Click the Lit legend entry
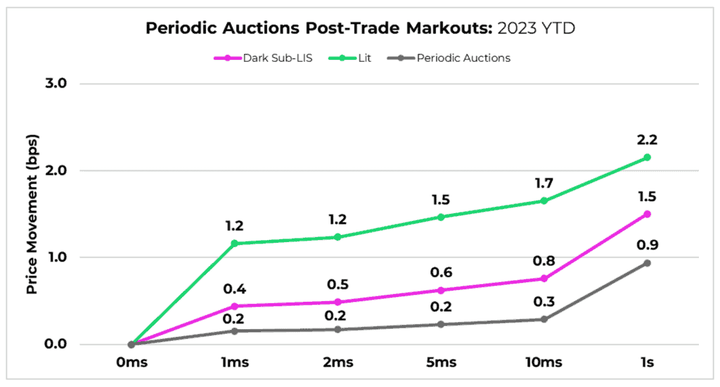[344, 58]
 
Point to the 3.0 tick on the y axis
[54, 84]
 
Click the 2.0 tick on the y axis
[54, 170]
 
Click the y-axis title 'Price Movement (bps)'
[31, 212]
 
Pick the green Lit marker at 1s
[647, 158]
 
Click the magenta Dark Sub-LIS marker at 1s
[647, 214]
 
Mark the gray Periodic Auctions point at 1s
[647, 263]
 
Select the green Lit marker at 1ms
[234, 243]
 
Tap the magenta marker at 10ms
[544, 279]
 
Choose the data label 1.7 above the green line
[544, 183]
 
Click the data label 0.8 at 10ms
[544, 261]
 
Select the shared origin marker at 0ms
[131, 344]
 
